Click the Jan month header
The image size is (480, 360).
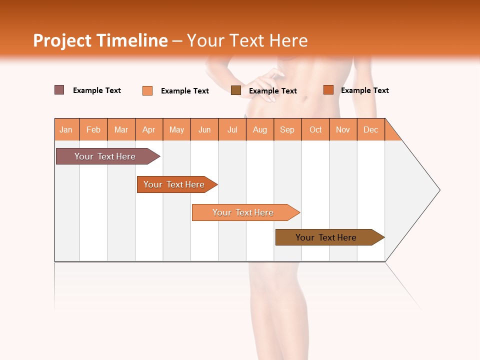pyautogui.click(x=66, y=129)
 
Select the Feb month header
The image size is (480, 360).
pyautogui.click(x=93, y=129)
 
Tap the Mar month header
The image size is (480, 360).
pyautogui.click(x=121, y=129)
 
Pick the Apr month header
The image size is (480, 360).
pyautogui.click(x=149, y=129)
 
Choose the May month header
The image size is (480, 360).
pyautogui.click(x=176, y=129)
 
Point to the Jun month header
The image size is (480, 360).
pyautogui.click(x=204, y=129)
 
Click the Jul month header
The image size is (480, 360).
pyautogui.click(x=232, y=129)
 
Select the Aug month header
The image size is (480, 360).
pyautogui.click(x=260, y=129)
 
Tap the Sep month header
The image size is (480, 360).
pyautogui.click(x=287, y=129)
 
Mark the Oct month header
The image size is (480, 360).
pyautogui.click(x=315, y=129)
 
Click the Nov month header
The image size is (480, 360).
pyautogui.click(x=343, y=129)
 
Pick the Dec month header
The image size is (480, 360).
pyautogui.click(x=371, y=129)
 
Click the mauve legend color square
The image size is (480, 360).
pyautogui.click(x=59, y=90)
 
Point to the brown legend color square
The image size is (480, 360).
pyautogui.click(x=236, y=90)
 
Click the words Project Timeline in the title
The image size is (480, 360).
pyautogui.click(x=100, y=40)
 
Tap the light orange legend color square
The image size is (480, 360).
pyautogui.click(x=147, y=90)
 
